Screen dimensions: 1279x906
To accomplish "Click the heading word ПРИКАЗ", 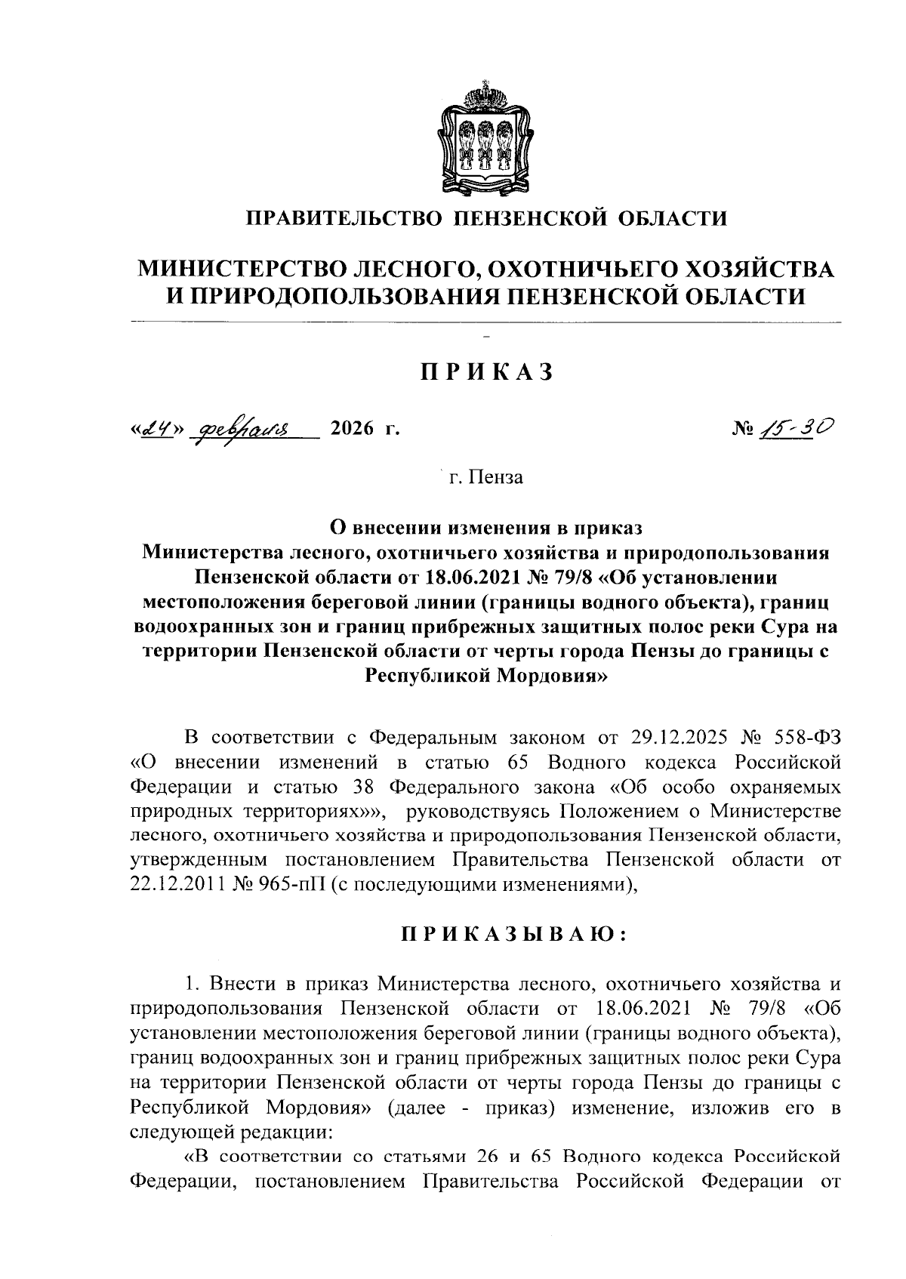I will coord(487,372).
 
